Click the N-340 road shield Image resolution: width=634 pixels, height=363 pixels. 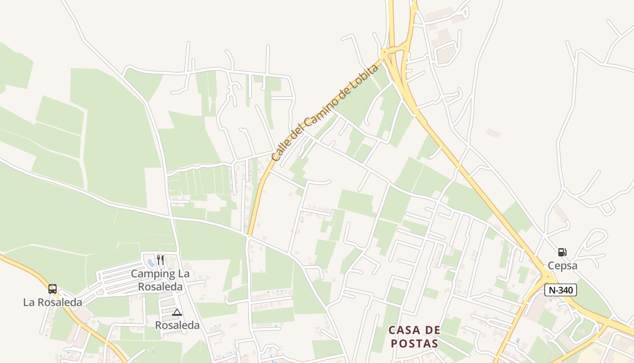click(x=560, y=290)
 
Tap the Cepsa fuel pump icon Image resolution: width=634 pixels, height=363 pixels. click(x=562, y=252)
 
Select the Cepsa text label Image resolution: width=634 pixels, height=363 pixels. click(x=562, y=265)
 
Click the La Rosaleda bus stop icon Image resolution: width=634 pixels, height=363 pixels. click(x=53, y=289)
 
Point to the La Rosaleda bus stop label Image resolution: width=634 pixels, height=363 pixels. click(x=53, y=302)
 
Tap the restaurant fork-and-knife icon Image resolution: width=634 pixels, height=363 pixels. click(x=160, y=260)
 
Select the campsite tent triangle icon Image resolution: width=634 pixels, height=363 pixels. click(x=177, y=312)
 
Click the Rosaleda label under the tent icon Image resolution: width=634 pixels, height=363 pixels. click(x=177, y=325)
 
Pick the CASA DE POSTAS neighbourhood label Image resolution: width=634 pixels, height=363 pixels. click(x=414, y=336)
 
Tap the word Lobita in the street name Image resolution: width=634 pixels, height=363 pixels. click(x=362, y=78)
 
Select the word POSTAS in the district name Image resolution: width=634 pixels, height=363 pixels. click(x=414, y=343)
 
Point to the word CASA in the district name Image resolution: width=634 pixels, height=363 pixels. click(x=400, y=330)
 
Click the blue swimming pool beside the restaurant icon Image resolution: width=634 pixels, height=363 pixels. click(x=150, y=262)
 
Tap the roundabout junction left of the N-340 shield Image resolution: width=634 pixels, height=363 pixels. click(x=548, y=276)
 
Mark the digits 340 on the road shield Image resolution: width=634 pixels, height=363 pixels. click(x=566, y=290)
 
